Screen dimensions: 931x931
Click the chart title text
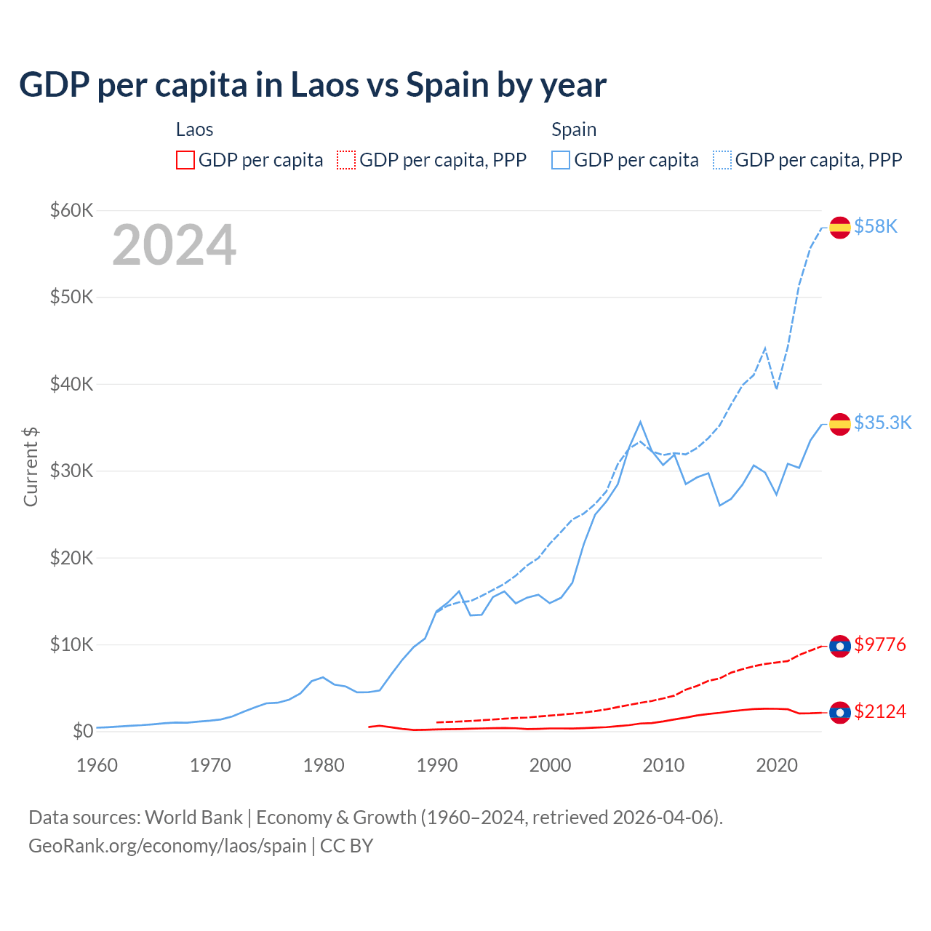click(313, 85)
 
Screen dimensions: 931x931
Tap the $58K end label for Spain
click(876, 227)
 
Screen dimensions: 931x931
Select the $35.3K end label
click(882, 423)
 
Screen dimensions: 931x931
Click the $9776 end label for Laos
click(880, 645)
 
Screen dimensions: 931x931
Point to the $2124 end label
click(880, 711)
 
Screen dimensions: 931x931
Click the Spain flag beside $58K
click(840, 228)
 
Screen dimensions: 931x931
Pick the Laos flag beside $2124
click(840, 712)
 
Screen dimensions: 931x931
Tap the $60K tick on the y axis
click(71, 211)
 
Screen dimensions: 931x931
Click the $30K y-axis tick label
click(71, 471)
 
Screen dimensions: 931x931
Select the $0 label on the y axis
click(83, 732)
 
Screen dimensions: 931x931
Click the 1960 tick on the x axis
click(97, 765)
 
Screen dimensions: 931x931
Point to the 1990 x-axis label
click(437, 765)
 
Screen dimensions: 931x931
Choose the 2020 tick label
click(777, 765)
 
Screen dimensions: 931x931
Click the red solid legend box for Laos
click(185, 160)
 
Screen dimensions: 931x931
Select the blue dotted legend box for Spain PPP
click(722, 160)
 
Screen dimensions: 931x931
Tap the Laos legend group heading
click(194, 130)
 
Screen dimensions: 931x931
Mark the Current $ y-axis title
click(31, 467)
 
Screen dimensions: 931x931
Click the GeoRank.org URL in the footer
click(167, 846)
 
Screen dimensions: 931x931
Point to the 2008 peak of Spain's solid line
click(640, 422)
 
